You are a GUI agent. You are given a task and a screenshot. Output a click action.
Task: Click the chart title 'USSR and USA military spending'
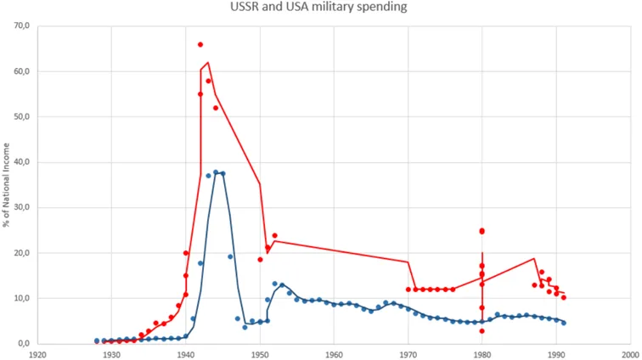[318, 7]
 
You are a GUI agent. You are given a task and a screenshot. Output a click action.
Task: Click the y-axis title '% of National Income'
[6, 185]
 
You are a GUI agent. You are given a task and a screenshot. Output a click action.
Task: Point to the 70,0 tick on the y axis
[23, 25]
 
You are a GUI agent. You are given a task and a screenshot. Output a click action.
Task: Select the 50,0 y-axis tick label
[23, 116]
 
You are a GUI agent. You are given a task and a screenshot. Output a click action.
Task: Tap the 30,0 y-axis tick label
[23, 207]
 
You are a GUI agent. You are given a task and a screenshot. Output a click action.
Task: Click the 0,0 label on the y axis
[25, 343]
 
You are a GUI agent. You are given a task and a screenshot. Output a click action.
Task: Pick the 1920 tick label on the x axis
[37, 354]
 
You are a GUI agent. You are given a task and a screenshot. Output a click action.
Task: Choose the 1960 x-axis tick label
[334, 354]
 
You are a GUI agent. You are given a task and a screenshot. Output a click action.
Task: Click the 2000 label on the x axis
[630, 354]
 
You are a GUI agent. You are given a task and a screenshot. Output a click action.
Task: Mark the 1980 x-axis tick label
[481, 354]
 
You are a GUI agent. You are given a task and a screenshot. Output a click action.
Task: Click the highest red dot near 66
[200, 45]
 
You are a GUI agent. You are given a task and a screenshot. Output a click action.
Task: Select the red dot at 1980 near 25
[481, 232]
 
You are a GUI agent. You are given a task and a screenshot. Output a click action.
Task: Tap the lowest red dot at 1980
[481, 331]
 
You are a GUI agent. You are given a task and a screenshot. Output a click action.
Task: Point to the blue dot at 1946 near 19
[230, 256]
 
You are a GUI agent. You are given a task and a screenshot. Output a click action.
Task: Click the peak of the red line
[208, 62]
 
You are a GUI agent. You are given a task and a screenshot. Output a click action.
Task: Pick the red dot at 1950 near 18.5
[260, 260]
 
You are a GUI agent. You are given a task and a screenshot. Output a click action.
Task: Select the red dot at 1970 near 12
[408, 290]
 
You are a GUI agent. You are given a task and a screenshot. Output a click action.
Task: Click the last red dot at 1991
[563, 298]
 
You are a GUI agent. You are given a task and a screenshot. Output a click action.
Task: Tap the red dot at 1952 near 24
[275, 235]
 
